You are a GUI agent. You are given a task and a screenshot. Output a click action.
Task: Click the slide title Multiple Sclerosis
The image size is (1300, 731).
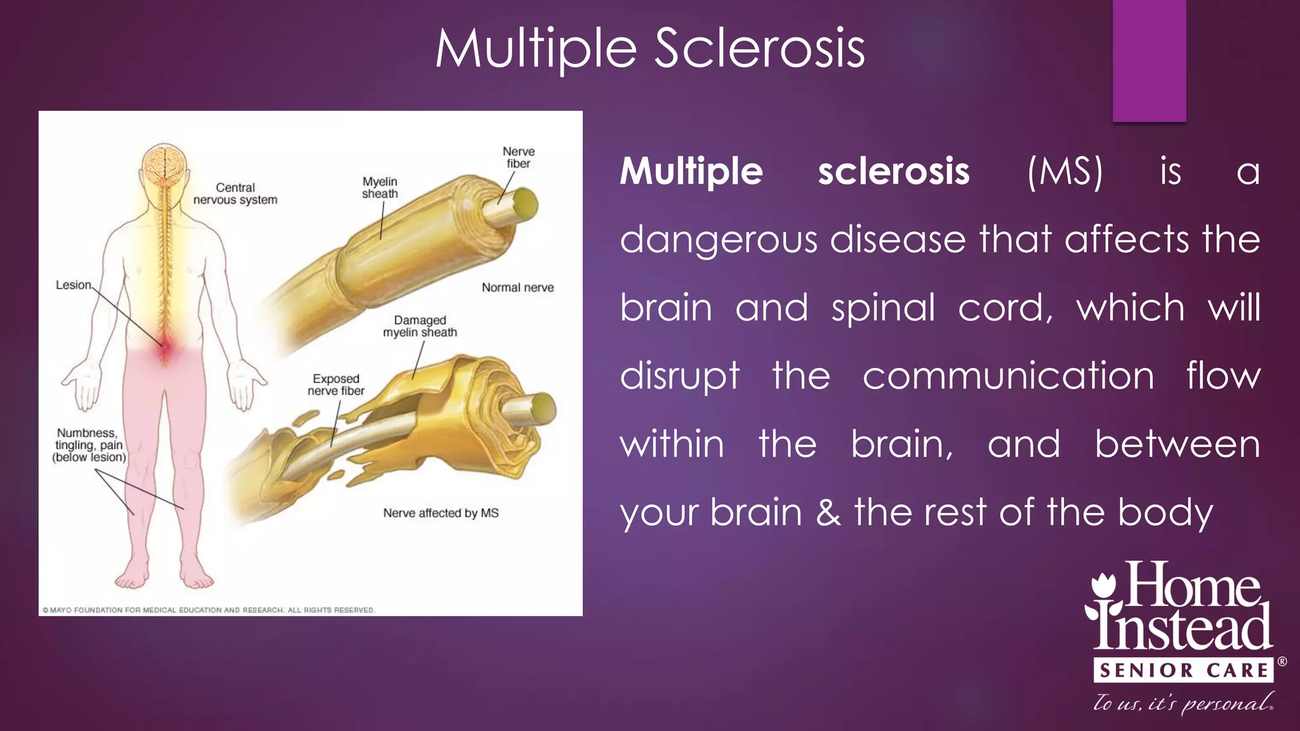(x=650, y=49)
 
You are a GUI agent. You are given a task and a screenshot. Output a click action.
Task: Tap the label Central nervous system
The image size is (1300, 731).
(x=235, y=194)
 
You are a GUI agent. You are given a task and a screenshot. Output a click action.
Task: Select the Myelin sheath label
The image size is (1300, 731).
(x=380, y=188)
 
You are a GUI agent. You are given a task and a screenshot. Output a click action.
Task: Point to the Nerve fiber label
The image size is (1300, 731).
(x=519, y=157)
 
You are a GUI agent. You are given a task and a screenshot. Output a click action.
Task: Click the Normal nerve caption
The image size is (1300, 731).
(x=517, y=287)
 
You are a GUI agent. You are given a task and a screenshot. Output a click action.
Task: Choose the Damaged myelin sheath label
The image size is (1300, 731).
(x=420, y=326)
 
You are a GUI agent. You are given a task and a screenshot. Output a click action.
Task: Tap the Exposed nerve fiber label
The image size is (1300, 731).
(x=336, y=385)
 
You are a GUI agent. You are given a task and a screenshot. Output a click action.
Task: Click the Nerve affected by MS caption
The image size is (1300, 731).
(x=441, y=513)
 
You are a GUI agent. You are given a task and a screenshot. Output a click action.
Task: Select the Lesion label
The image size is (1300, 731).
(x=74, y=285)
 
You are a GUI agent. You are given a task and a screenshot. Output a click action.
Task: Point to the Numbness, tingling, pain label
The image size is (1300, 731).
(x=89, y=445)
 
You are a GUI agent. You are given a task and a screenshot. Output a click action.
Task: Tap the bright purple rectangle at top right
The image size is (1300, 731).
(x=1149, y=60)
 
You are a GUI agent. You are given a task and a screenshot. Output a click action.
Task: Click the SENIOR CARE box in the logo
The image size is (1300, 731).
(x=1183, y=670)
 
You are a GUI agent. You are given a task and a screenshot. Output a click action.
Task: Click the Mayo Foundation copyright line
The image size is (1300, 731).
(x=209, y=610)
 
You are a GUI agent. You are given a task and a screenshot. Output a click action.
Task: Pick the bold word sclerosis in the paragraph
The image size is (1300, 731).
(x=893, y=171)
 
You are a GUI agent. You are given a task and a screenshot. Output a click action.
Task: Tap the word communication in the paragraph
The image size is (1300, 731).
(x=1008, y=376)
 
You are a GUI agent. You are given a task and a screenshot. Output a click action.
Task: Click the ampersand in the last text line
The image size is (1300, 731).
(x=828, y=512)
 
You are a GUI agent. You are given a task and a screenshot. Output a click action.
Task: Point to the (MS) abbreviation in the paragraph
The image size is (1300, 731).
(x=1065, y=171)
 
